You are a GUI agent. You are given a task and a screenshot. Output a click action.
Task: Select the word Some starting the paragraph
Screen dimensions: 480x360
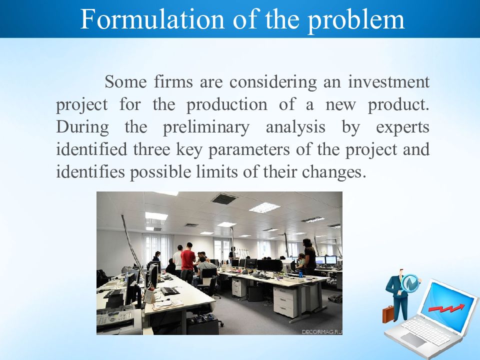pos(126,81)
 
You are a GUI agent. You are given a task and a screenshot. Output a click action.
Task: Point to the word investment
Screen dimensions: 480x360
pos(389,81)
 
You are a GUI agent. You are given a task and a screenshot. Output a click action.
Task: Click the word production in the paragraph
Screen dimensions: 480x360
pos(227,105)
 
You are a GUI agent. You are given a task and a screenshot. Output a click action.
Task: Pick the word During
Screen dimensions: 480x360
pos(82,127)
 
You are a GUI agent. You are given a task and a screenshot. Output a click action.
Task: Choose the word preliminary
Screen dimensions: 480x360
pos(206,127)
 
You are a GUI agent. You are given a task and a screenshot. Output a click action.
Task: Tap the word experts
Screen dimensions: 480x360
pos(402,127)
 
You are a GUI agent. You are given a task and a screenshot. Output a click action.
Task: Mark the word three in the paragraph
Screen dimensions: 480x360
pos(151,149)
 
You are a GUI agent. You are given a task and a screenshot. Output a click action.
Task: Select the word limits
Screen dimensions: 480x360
pos(216,171)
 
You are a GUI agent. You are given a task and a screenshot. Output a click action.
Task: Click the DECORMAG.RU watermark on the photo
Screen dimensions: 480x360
pos(321,332)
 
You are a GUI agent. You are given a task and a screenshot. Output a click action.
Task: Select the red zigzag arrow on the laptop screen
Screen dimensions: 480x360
pos(446,308)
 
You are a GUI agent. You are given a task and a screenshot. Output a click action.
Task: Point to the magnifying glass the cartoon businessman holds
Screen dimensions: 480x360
pos(409,283)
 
